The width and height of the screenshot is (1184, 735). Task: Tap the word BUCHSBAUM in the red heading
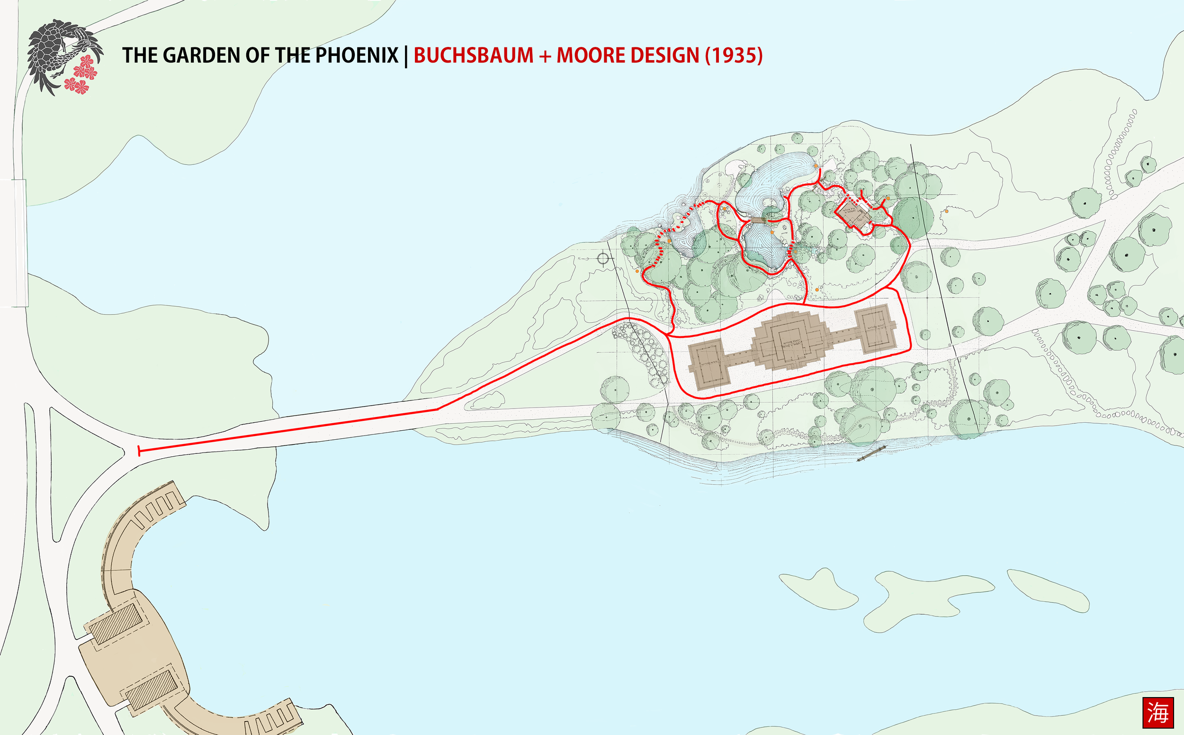point(473,55)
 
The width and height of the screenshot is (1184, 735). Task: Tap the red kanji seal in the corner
point(1158,713)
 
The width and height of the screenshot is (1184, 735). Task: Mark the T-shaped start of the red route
point(139,451)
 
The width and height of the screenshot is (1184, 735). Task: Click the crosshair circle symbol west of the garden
point(602,258)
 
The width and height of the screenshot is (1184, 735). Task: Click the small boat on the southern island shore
point(870,453)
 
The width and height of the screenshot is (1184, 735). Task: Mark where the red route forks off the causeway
point(438,409)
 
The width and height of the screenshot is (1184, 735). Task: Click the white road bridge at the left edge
point(19,243)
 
